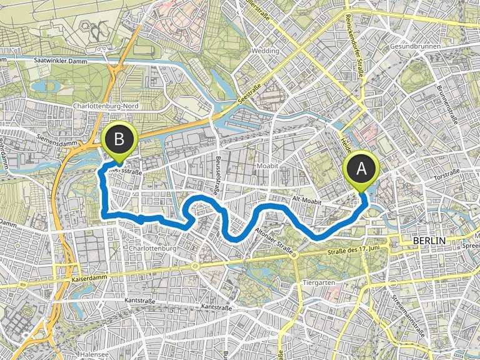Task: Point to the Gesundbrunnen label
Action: coord(432,47)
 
